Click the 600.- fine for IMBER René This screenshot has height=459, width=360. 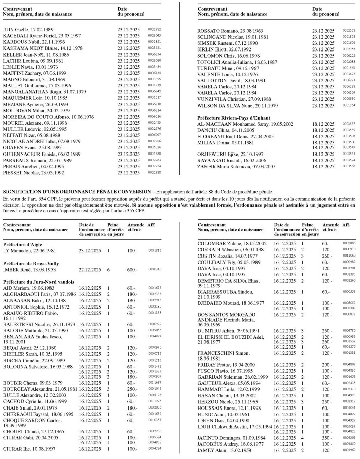[132, 271]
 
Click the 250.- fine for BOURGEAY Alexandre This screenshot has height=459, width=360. [132, 375]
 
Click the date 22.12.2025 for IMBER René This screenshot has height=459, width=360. [90, 271]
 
